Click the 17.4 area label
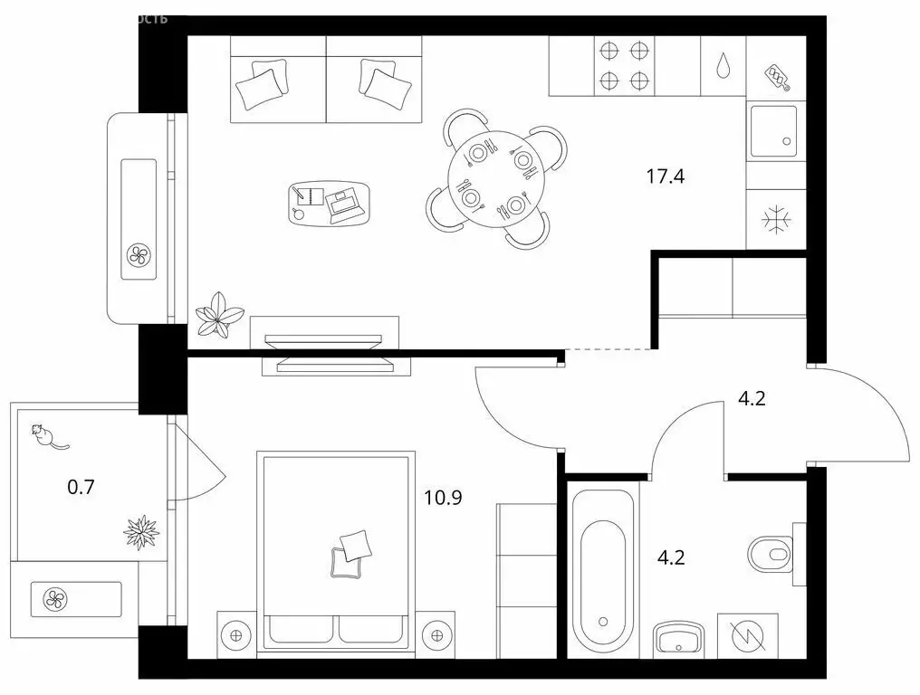click(665, 176)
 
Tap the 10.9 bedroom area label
click(444, 496)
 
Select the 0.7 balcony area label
click(81, 487)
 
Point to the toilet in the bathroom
click(771, 551)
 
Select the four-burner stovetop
click(626, 65)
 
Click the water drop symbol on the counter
click(723, 65)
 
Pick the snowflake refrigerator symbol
click(776, 219)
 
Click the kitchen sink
click(776, 132)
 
